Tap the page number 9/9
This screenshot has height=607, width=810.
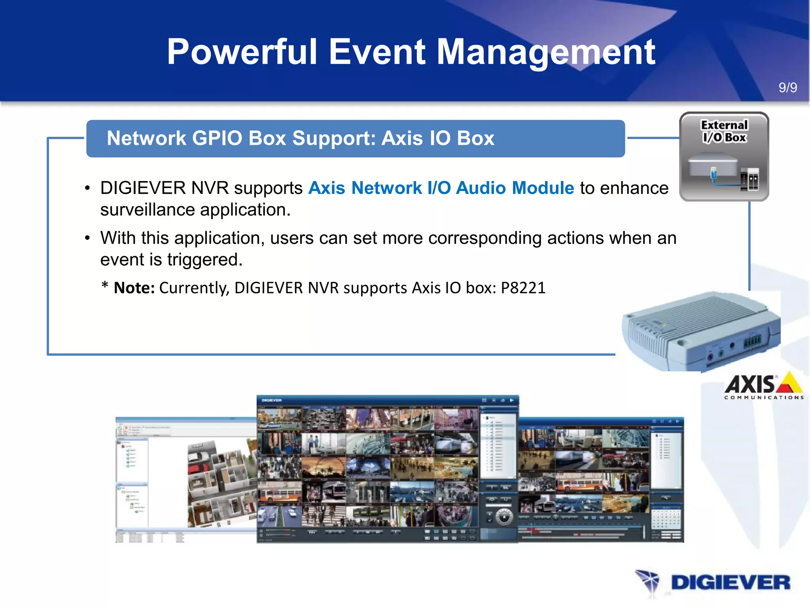[x=787, y=87]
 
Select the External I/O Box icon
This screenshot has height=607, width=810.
[x=724, y=156]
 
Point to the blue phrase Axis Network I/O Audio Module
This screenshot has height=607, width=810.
[x=441, y=188]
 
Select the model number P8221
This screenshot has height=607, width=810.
[x=523, y=288]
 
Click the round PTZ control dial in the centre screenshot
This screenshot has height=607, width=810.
[x=504, y=516]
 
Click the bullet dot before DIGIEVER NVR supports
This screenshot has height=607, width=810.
[x=87, y=189]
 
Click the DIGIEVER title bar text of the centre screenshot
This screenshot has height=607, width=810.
[x=271, y=400]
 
